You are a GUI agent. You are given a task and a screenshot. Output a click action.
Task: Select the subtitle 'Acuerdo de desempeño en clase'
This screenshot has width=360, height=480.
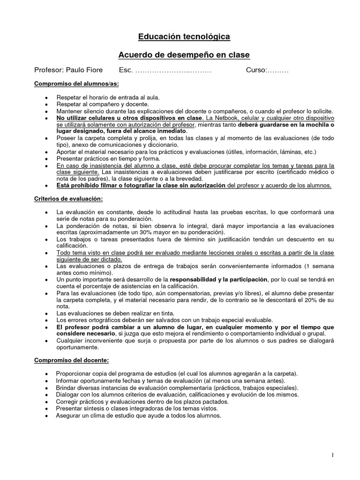pos(184,55)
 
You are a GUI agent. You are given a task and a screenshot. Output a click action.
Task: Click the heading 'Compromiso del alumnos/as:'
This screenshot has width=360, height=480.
pos(76,84)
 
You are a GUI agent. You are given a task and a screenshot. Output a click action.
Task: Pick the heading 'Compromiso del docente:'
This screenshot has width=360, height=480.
pos(71,360)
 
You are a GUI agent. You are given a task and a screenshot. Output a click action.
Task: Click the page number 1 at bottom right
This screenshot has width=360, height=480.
pos(332,455)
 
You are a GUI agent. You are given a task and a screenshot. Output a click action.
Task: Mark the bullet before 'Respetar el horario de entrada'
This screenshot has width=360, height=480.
pos(45,97)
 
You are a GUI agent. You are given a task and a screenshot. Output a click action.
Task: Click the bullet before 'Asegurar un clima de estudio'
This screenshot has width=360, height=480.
pos(45,416)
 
